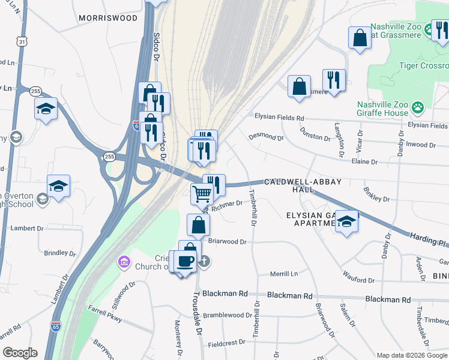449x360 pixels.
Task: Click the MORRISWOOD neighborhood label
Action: click(107, 19)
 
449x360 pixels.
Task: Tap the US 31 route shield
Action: click(22, 41)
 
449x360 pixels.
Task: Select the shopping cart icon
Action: click(202, 194)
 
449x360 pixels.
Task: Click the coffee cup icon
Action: click(185, 260)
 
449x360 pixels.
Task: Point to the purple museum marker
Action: click(124, 262)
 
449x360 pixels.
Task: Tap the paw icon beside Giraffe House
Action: click(417, 108)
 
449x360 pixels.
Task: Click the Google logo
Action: click(20, 353)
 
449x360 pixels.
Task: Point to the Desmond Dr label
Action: click(266, 137)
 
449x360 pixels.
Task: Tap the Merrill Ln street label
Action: click(284, 274)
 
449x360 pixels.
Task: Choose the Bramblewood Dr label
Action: click(228, 315)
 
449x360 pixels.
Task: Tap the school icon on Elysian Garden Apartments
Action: click(346, 221)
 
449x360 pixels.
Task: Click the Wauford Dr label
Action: click(358, 280)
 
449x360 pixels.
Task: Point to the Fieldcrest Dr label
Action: click(227, 342)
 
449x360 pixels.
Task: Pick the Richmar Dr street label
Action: click(227, 203)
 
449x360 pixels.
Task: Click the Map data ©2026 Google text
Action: click(411, 355)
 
